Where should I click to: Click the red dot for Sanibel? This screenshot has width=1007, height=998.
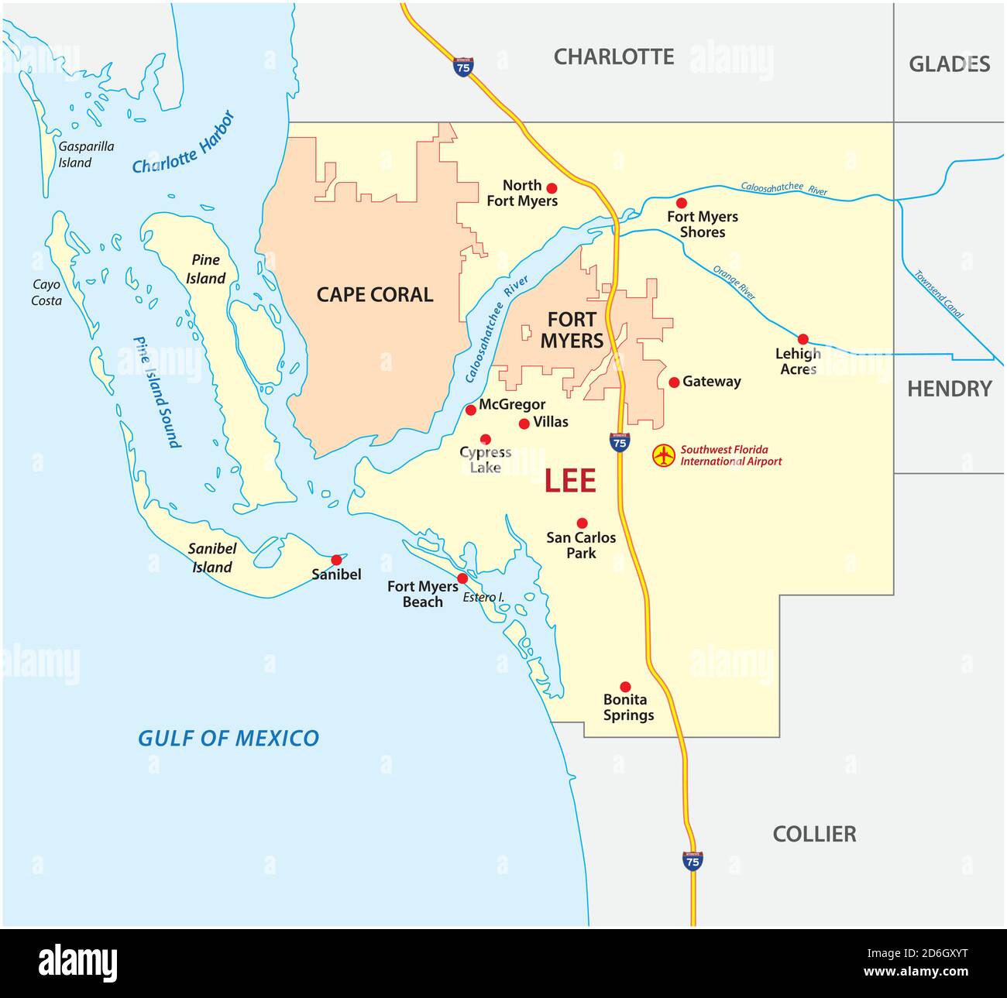pyautogui.click(x=336, y=560)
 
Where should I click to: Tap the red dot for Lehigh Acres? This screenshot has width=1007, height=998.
pyautogui.click(x=803, y=339)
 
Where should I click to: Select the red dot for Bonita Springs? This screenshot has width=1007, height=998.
pyautogui.click(x=625, y=687)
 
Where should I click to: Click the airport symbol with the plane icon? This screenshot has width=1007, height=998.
pyautogui.click(x=663, y=455)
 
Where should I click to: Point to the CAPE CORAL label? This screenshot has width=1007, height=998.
pyautogui.click(x=374, y=294)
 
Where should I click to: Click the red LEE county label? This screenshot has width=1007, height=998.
pyautogui.click(x=569, y=481)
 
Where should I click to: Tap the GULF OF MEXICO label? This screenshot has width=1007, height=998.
pyautogui.click(x=228, y=738)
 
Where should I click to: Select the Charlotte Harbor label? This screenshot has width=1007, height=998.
pyautogui.click(x=184, y=143)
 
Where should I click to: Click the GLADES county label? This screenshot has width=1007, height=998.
pyautogui.click(x=949, y=63)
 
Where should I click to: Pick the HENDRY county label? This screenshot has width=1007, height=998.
pyautogui.click(x=949, y=389)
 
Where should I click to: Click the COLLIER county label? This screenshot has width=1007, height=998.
pyautogui.click(x=814, y=834)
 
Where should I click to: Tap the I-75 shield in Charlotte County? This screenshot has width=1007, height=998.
pyautogui.click(x=462, y=67)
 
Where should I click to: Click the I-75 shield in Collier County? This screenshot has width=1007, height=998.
pyautogui.click(x=693, y=859)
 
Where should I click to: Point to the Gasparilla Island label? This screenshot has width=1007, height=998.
pyautogui.click(x=85, y=154)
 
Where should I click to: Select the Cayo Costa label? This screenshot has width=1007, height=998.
pyautogui.click(x=46, y=293)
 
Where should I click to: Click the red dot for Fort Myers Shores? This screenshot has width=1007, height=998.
pyautogui.click(x=681, y=203)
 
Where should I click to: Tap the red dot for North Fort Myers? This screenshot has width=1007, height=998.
pyautogui.click(x=552, y=188)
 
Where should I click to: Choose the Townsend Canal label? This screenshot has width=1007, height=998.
pyautogui.click(x=939, y=294)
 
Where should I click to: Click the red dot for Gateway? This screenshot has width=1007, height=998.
pyautogui.click(x=674, y=382)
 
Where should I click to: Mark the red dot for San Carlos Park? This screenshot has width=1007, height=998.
pyautogui.click(x=582, y=523)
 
